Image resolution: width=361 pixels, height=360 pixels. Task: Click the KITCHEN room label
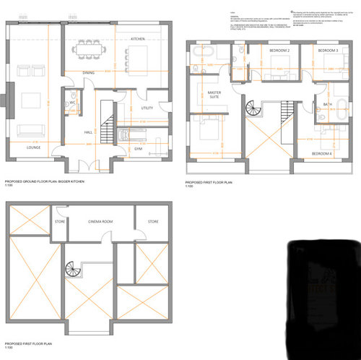139,38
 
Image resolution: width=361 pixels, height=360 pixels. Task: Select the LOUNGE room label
33,146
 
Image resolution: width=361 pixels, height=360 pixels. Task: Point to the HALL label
88,133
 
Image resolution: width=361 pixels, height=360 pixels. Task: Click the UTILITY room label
147,108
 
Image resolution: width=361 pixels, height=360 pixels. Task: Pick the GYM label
137,147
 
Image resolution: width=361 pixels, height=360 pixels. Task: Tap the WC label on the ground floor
73,103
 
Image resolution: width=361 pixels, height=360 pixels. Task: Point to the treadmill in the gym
123,134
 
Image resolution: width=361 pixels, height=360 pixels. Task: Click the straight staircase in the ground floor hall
106,129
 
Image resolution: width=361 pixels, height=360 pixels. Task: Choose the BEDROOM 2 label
279,51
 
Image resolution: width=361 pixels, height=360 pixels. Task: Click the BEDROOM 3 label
328,51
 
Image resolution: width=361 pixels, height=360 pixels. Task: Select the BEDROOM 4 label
322,154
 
